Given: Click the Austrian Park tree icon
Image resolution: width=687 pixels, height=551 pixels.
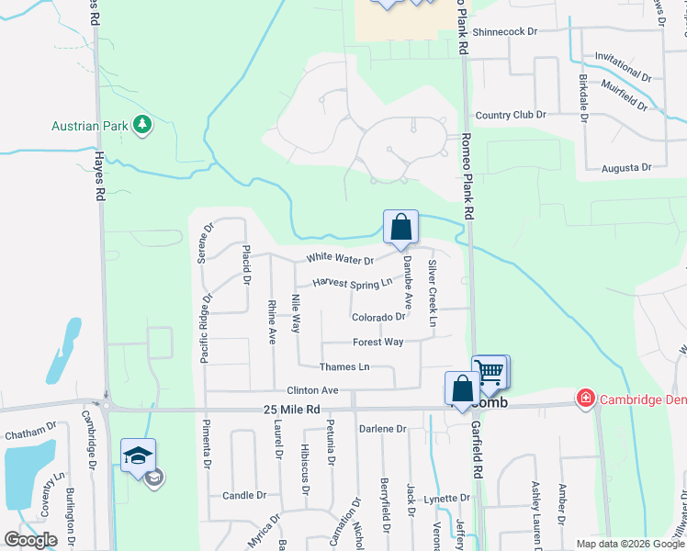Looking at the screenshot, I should (x=141, y=124).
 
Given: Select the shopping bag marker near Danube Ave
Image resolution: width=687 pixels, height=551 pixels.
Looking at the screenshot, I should (x=400, y=227).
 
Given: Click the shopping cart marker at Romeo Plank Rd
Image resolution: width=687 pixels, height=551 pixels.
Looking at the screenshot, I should (x=491, y=372).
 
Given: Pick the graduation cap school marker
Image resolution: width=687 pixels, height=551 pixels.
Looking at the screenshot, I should (x=138, y=455).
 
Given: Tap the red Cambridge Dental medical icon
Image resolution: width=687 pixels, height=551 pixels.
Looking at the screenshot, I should (x=584, y=398).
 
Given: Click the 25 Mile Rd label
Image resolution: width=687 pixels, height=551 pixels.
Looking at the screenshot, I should (x=291, y=410).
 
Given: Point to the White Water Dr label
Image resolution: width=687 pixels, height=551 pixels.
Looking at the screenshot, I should (x=340, y=259).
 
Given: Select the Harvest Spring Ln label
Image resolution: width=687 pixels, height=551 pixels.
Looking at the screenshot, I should (x=352, y=283).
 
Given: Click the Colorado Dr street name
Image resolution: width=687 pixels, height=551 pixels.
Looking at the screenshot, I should (x=378, y=317).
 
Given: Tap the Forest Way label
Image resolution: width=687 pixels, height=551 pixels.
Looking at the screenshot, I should (x=377, y=342).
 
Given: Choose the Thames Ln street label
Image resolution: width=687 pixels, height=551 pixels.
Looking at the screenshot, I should (x=343, y=367).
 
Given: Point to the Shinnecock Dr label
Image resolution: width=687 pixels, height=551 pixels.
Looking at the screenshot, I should (x=505, y=31).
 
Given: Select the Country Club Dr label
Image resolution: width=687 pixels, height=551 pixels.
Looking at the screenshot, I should (x=510, y=115).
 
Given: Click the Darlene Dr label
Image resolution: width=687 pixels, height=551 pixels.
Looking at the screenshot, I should (x=382, y=429).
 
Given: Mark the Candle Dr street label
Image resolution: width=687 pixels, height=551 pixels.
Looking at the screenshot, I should (x=244, y=495).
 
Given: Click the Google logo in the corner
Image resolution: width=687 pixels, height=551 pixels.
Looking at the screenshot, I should (x=30, y=540).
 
